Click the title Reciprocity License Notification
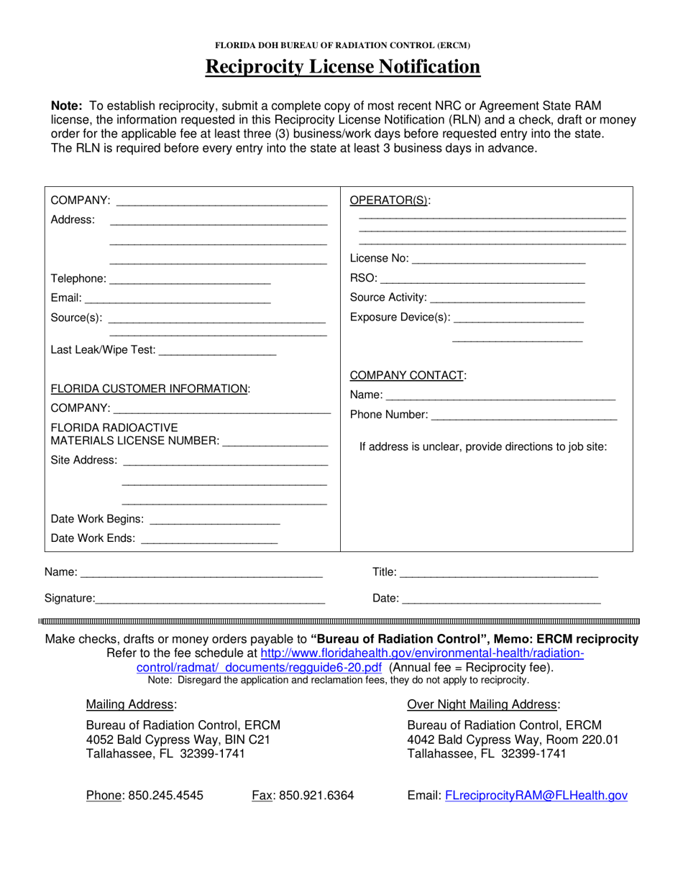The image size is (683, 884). coord(342,67)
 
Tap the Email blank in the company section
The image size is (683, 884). coord(177,300)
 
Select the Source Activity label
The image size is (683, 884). coord(388,298)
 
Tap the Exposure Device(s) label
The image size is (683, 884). coord(400,318)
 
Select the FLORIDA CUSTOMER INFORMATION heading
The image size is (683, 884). coord(150,389)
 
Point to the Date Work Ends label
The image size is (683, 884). coord(93,539)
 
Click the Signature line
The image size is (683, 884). coord(210,599)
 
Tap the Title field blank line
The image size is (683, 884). coord(499,574)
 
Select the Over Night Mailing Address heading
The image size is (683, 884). coord(483,704)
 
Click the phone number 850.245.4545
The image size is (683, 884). coord(165,796)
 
